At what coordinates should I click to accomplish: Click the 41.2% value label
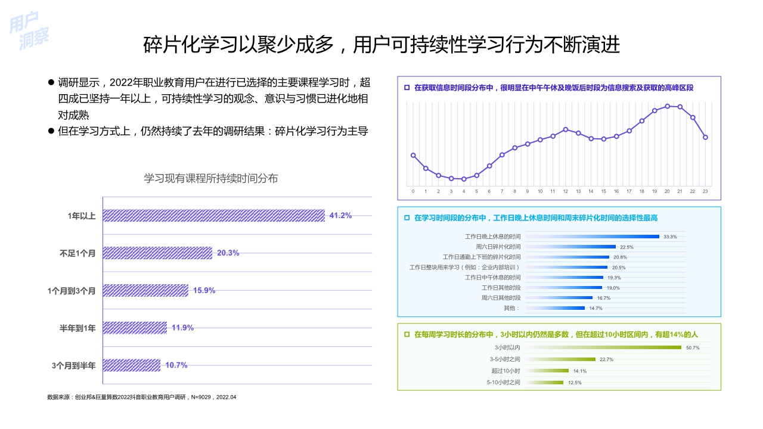pyautogui.click(x=340, y=216)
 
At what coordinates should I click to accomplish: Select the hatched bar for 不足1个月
pyautogui.click(x=157, y=253)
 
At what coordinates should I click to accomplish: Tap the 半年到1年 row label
pyautogui.click(x=77, y=328)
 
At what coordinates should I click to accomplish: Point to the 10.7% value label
pyautogui.click(x=176, y=365)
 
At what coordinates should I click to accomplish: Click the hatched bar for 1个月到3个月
pyautogui.click(x=145, y=291)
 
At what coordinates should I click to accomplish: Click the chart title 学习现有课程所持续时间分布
pyautogui.click(x=211, y=178)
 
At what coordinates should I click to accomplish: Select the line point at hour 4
pyautogui.click(x=464, y=179)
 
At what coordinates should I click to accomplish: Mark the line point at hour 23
pyautogui.click(x=705, y=137)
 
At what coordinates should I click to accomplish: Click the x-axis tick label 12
pyautogui.click(x=565, y=191)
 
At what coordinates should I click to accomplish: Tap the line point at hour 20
pyautogui.click(x=667, y=106)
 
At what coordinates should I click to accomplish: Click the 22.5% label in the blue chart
pyautogui.click(x=626, y=247)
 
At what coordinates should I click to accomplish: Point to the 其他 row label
pyautogui.click(x=511, y=308)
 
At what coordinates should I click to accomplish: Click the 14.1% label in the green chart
pyautogui.click(x=580, y=371)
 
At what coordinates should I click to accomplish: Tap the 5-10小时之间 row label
pyautogui.click(x=503, y=383)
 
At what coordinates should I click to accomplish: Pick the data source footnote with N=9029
pyautogui.click(x=142, y=397)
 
